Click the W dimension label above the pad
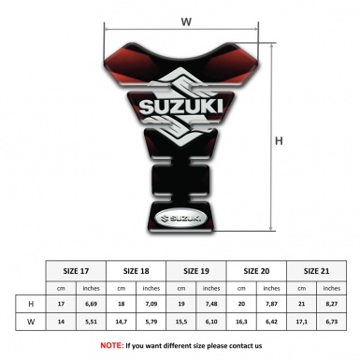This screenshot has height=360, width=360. tap(186, 18)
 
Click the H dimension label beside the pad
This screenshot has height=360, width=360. tap(279, 141)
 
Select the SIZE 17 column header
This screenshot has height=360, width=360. tap(76, 269)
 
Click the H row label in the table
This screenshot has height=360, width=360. tap(31, 304)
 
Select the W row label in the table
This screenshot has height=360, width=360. tap(31, 322)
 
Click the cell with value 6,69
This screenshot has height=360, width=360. tap(92, 304)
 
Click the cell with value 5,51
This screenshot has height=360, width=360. tap(92, 322)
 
